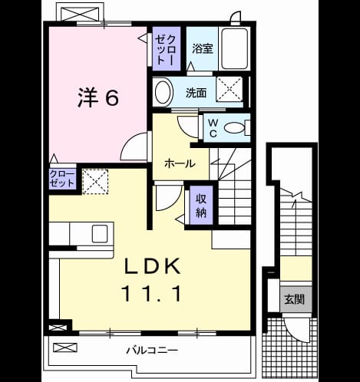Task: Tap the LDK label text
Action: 153,266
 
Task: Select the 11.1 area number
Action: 153,294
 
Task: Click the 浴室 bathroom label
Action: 203,48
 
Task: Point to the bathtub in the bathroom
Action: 235,48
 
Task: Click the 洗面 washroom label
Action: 196,93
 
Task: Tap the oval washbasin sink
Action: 163,92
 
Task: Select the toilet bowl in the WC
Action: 234,128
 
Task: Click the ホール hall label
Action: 180,163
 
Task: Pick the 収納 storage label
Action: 201,206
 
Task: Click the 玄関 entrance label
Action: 295,299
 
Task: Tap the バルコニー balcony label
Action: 152,350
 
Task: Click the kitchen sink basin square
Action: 100,234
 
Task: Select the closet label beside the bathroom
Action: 166,49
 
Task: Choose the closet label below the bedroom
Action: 62,179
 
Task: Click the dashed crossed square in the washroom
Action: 230,89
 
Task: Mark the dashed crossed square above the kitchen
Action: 95,182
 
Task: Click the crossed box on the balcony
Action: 65,347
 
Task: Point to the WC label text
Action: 213,128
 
